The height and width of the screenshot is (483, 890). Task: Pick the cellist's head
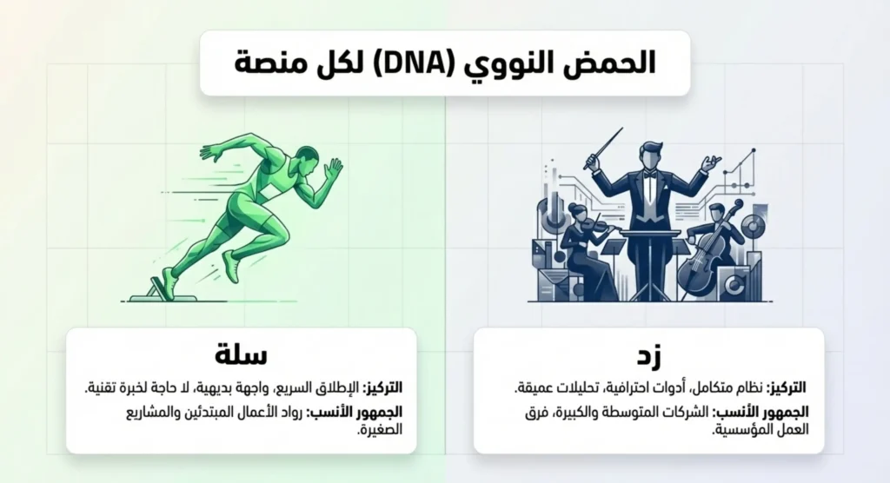[715, 212]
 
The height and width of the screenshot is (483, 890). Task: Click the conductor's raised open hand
[713, 162]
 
